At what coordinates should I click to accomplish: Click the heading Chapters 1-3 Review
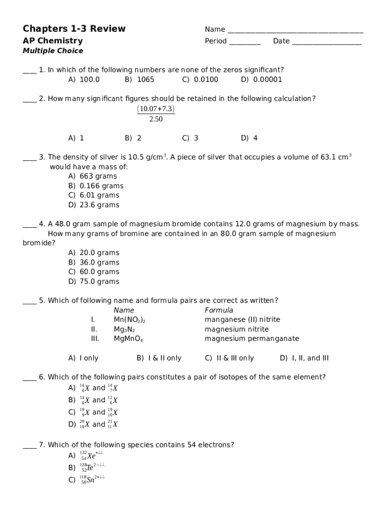(74, 29)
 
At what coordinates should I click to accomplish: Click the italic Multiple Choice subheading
(53, 51)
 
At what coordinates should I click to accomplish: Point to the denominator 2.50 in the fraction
(156, 119)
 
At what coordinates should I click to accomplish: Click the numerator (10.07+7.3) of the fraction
(156, 109)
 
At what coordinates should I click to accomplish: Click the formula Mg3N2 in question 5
(124, 329)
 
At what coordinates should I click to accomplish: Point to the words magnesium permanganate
(251, 338)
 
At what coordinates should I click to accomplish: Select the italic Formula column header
(219, 310)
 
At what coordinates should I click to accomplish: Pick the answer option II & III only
(229, 358)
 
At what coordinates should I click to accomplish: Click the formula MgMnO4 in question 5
(128, 339)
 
